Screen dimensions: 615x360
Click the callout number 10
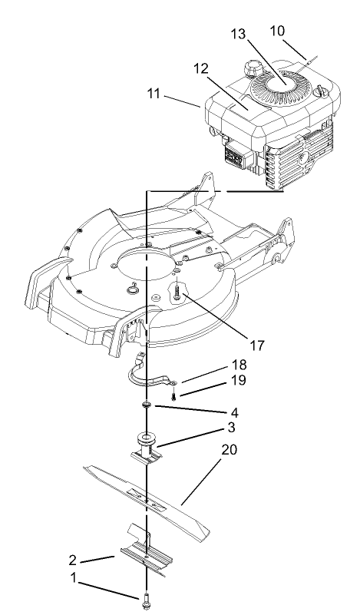coord(276,30)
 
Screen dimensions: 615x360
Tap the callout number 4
coord(223,412)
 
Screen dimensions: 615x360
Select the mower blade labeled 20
coord(146,495)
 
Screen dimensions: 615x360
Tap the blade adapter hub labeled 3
coord(146,445)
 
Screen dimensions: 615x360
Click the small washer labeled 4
coord(146,404)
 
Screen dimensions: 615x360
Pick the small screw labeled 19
coord(176,395)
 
